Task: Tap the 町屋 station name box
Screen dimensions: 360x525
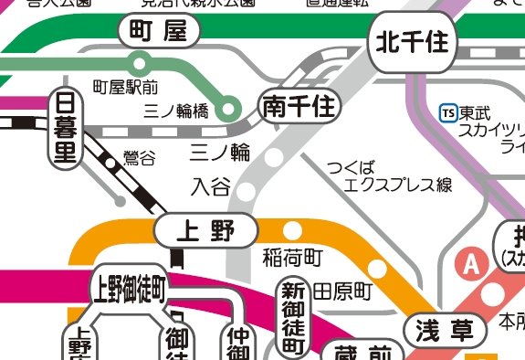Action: tap(159, 33)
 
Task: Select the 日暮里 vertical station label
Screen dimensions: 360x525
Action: tap(64, 127)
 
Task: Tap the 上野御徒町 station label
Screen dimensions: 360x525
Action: tap(128, 290)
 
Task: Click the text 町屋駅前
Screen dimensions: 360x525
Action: tap(126, 88)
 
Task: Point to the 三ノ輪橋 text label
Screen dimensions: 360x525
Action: tap(176, 111)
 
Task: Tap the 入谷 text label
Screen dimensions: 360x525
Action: tap(210, 187)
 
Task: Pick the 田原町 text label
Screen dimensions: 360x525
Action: tap(343, 292)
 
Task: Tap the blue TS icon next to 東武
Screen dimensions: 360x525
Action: tap(447, 113)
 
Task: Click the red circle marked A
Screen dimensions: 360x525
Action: tap(471, 265)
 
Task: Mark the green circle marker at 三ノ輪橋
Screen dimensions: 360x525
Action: tap(232, 107)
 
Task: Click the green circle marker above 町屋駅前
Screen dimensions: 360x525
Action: tap(140, 63)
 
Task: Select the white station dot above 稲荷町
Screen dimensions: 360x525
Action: tap(293, 229)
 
